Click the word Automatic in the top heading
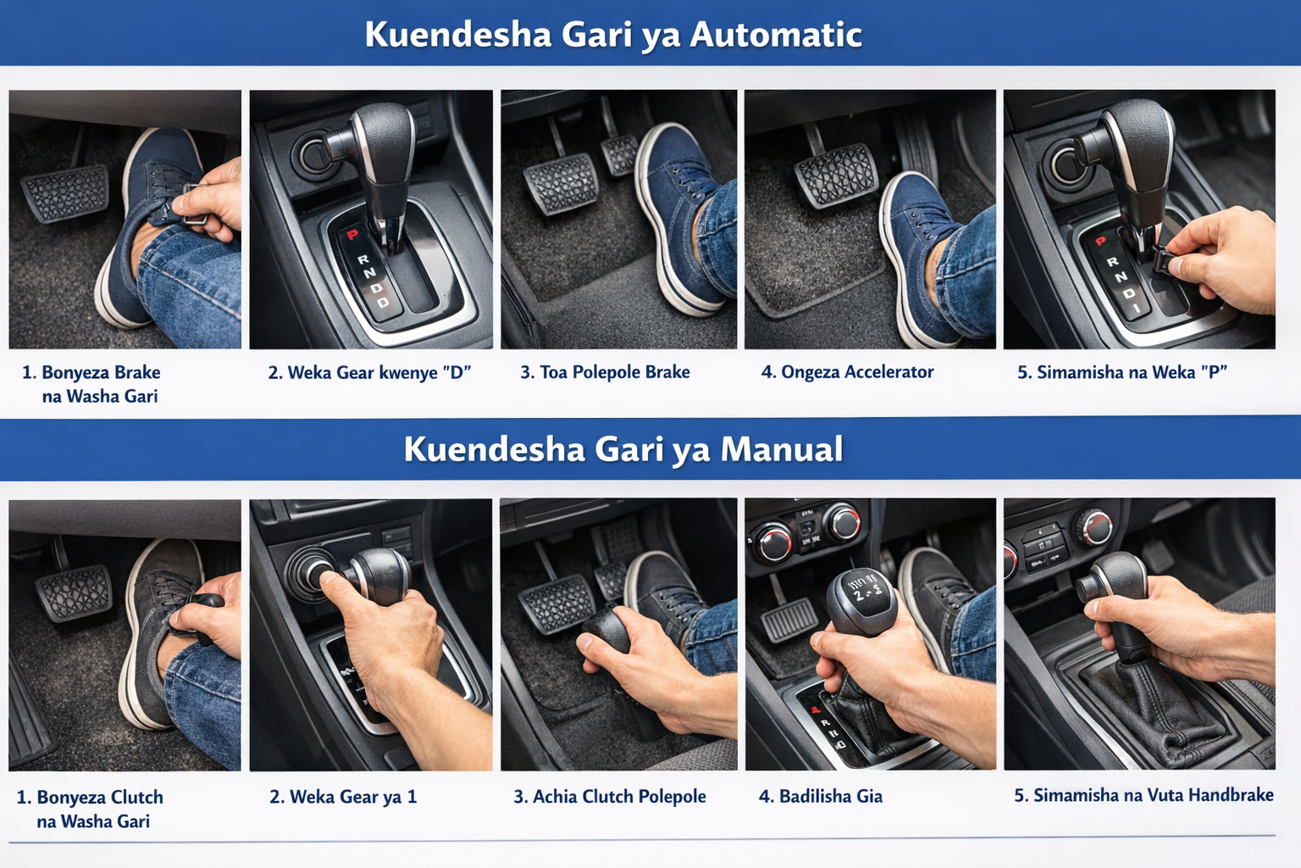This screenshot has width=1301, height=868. tap(775, 34)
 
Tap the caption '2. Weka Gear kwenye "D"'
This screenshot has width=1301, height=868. tap(369, 372)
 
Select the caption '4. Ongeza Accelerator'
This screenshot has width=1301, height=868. tap(847, 372)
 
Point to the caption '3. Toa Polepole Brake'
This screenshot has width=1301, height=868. tap(606, 372)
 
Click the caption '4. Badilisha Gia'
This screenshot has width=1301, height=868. tap(821, 796)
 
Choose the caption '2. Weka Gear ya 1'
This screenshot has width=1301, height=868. tap(343, 797)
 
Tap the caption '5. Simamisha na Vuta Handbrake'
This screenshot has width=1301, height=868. tap(1143, 795)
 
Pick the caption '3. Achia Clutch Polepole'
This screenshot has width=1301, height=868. tap(610, 797)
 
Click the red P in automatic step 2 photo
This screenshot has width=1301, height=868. tap(352, 235)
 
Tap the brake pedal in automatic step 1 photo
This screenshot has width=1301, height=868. tap(65, 193)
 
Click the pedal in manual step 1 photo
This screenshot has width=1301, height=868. tap(74, 593)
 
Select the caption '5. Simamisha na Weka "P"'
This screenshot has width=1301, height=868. tap(1122, 372)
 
